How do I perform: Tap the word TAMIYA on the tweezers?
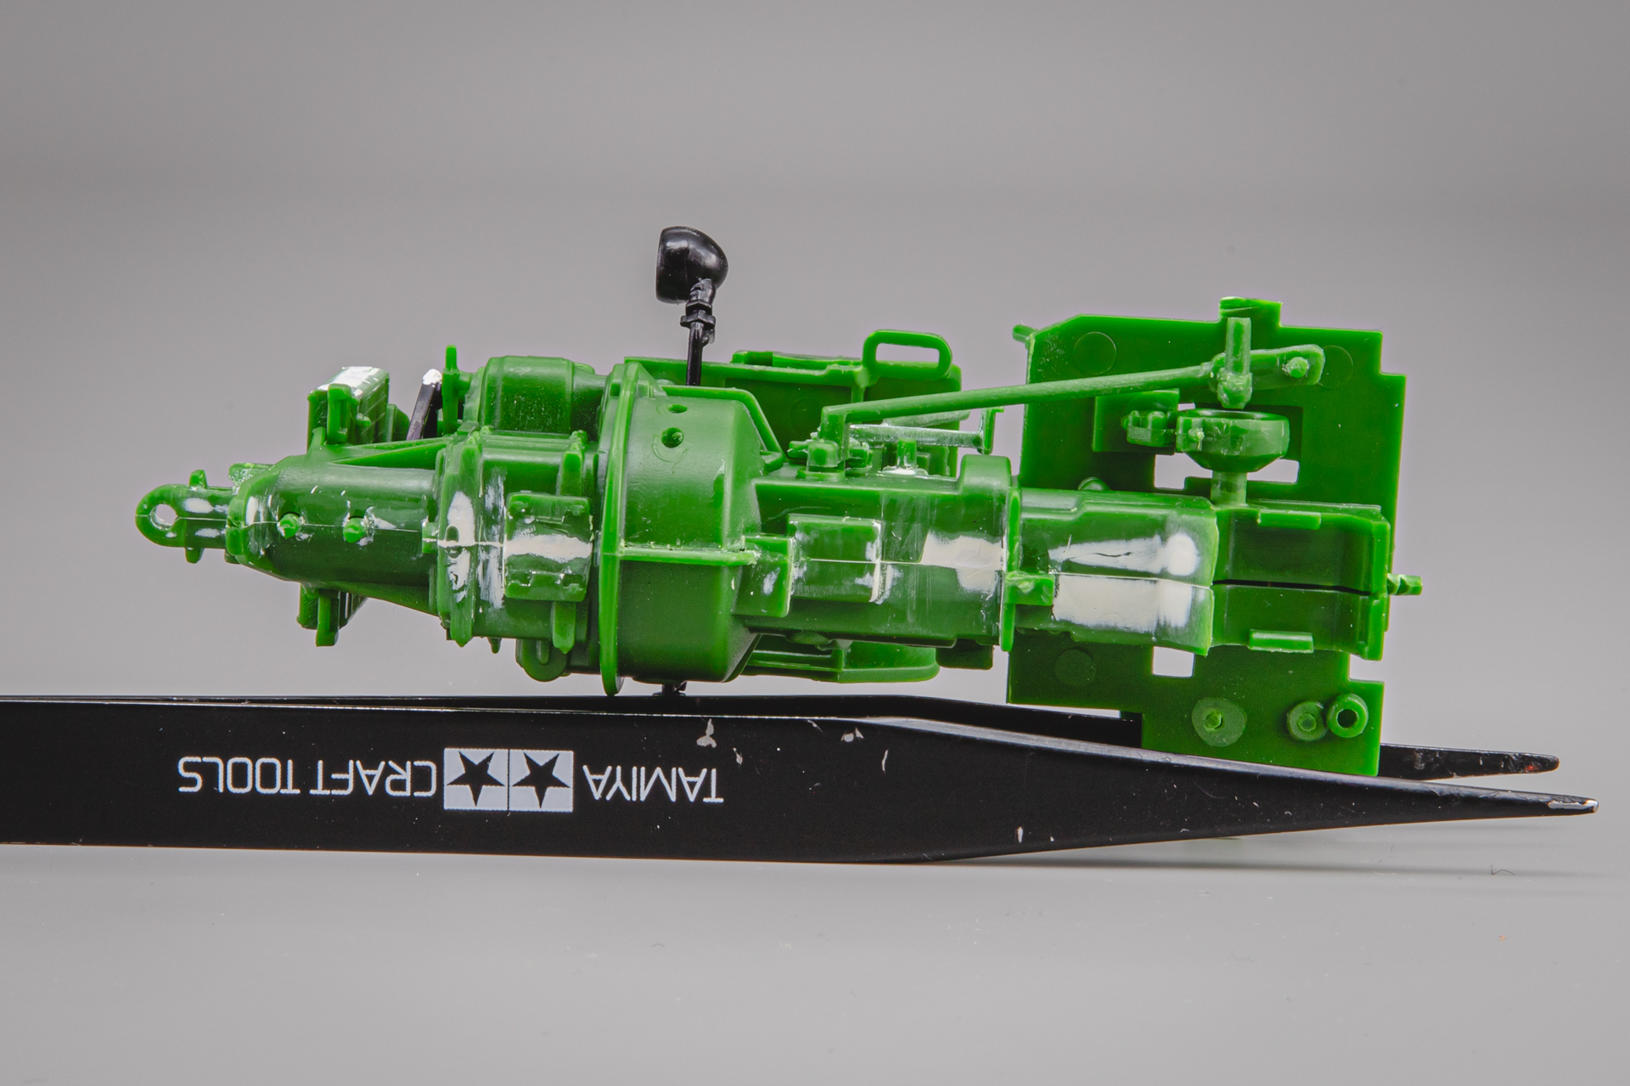click(650, 776)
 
